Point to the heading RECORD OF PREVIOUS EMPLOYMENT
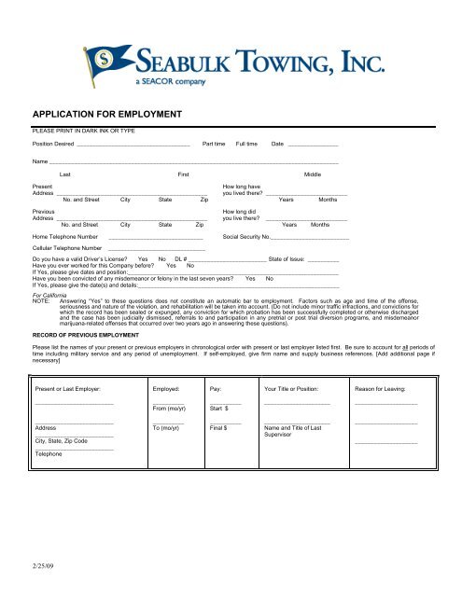click(x=90, y=332)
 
